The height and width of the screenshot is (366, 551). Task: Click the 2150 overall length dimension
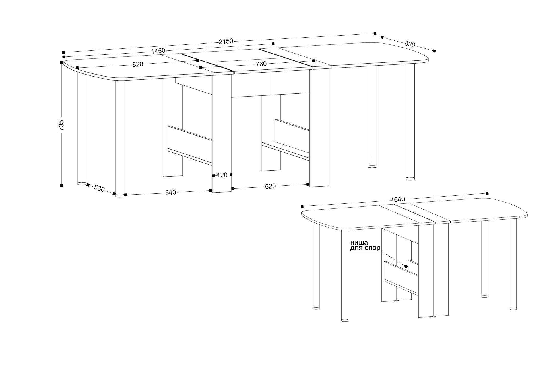point(226,41)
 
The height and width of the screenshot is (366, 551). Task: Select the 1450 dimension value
point(158,51)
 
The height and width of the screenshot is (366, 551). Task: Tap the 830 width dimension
point(410,44)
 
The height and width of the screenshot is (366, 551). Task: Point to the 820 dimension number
point(138,64)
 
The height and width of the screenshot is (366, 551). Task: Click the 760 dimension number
point(261,64)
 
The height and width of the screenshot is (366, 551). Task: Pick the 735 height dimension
point(61,126)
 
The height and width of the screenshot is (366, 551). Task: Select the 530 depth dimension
point(99,188)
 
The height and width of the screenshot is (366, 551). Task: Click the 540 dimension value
point(170,193)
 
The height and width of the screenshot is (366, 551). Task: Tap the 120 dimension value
point(222,175)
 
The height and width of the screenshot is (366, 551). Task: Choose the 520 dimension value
point(270,186)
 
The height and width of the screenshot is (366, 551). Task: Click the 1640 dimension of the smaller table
point(398,199)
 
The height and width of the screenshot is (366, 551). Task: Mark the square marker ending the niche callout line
point(406,267)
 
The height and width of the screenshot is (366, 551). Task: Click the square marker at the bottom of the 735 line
point(61,185)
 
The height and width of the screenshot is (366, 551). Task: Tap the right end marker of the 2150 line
point(375,33)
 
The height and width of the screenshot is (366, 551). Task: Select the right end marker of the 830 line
point(434,51)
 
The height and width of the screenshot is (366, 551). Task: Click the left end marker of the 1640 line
point(302,206)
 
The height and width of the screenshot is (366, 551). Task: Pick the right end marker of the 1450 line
point(273,44)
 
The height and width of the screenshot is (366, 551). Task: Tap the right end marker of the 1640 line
point(487,193)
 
